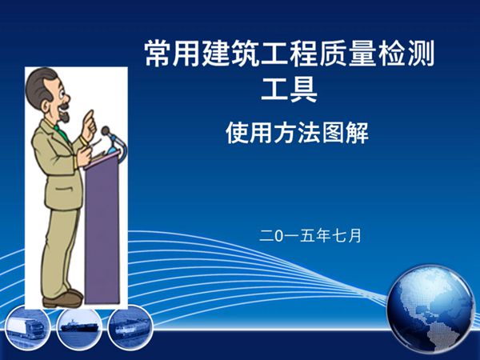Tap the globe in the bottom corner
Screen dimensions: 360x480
point(430,309)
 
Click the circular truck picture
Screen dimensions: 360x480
point(26,328)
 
